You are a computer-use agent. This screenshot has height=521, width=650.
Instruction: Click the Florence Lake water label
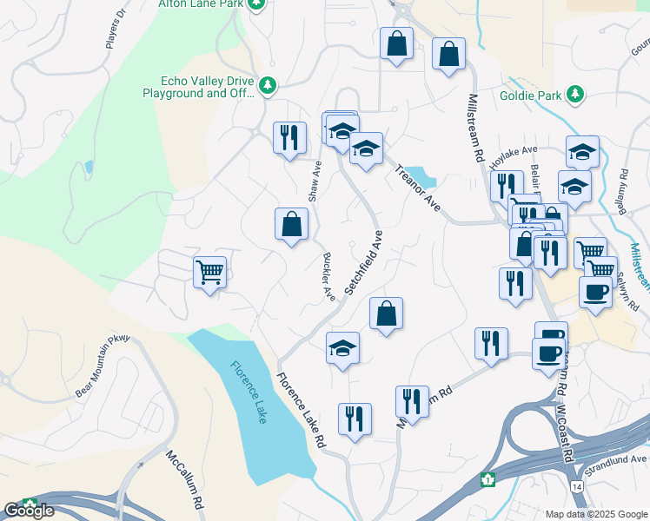click(x=250, y=392)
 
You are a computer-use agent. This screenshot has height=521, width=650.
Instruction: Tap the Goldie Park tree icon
click(x=574, y=93)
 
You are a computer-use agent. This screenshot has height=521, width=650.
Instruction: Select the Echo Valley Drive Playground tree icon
click(x=269, y=85)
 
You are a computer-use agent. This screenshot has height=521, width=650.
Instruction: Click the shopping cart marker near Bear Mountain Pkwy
click(x=209, y=273)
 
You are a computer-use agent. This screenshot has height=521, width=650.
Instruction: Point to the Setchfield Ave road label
click(x=364, y=263)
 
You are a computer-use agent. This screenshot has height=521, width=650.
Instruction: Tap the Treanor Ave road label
click(x=419, y=188)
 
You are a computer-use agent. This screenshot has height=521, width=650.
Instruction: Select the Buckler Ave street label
click(x=329, y=276)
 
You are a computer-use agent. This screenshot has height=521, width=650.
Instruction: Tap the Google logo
click(x=29, y=510)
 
